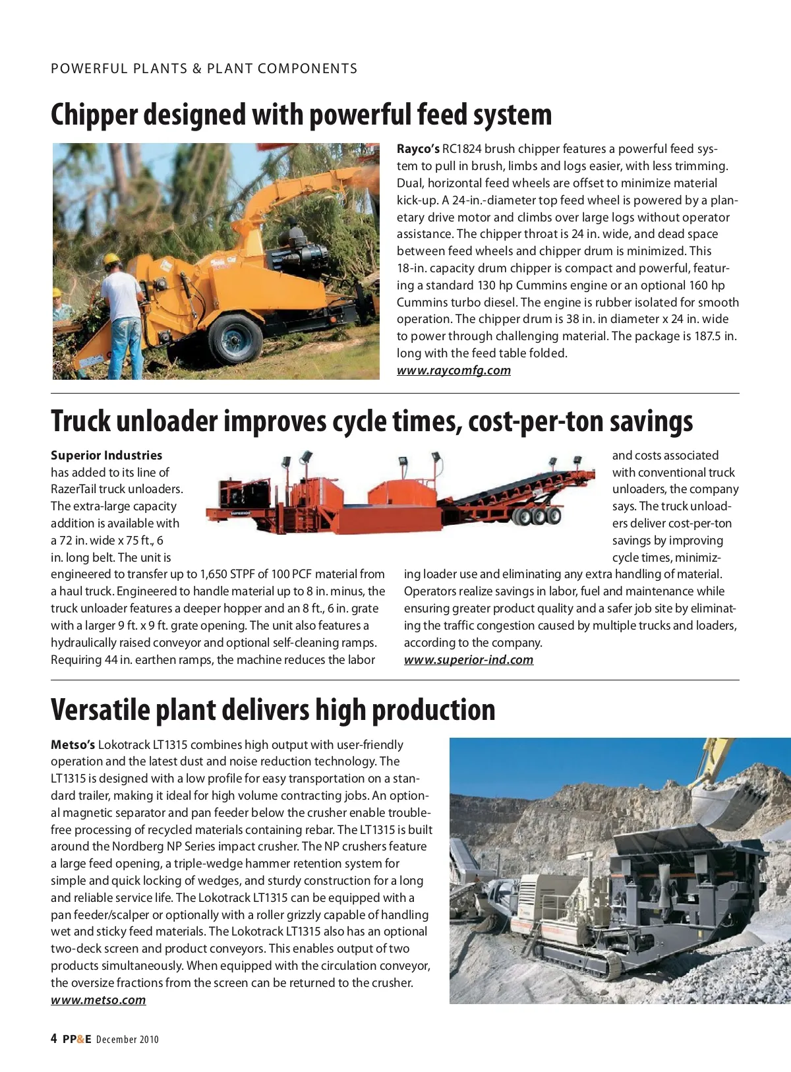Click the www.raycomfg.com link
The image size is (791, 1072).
454,371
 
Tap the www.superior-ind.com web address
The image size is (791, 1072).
469,660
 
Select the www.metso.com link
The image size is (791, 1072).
98,1000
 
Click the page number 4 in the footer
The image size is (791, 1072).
54,1039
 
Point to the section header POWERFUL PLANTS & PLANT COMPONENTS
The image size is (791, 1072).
204,69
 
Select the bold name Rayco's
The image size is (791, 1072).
418,149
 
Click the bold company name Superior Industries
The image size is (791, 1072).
106,456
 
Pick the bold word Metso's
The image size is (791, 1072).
73,745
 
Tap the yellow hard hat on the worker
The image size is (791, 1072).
113,259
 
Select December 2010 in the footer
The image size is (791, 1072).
127,1040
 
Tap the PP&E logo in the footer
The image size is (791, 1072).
77,1040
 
